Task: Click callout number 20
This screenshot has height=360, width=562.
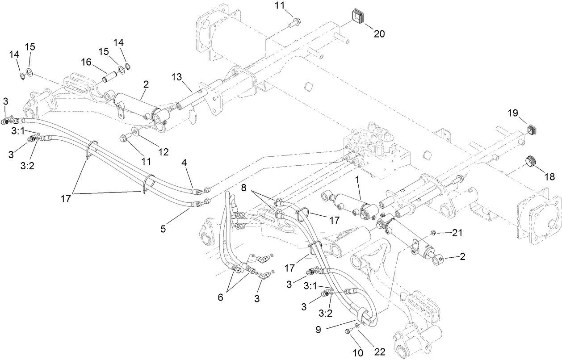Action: click(x=379, y=33)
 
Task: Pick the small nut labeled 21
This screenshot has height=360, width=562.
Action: click(x=433, y=233)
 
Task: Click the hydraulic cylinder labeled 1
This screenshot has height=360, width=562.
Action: click(x=351, y=204)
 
